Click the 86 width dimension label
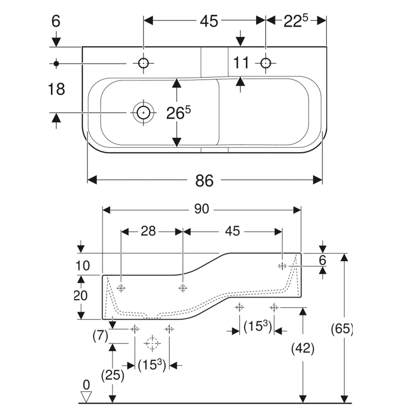click(x=204, y=181)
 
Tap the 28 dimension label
click(x=148, y=231)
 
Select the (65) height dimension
click(x=342, y=328)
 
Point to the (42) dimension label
click(x=303, y=348)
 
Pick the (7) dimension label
click(x=100, y=336)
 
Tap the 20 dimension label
click(x=81, y=295)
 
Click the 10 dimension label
click(x=83, y=266)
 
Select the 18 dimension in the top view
click(x=57, y=89)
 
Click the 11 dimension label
click(x=241, y=63)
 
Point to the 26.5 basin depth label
click(x=178, y=113)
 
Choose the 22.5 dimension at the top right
click(x=296, y=21)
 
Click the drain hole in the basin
click(x=143, y=113)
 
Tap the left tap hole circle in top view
click(x=143, y=63)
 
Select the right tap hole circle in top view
click(x=266, y=63)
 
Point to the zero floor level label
click(x=86, y=385)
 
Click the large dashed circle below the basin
click(x=152, y=343)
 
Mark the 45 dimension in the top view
click(x=209, y=21)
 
